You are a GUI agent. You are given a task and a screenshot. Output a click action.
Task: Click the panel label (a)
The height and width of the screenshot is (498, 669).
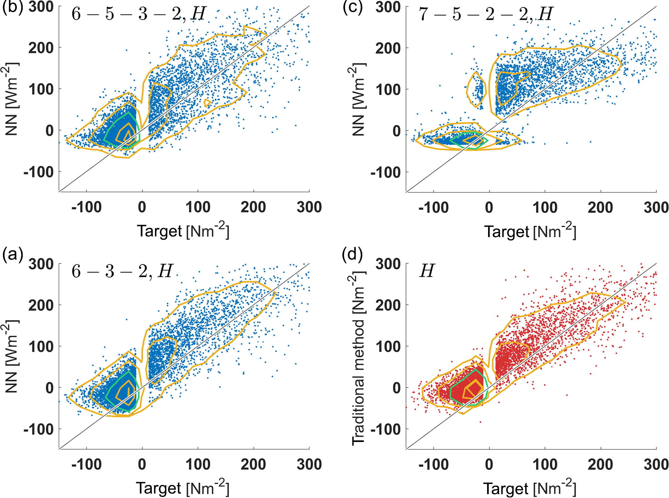[x=12, y=255]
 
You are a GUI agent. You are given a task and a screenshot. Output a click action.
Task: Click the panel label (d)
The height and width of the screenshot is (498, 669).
[x=353, y=255]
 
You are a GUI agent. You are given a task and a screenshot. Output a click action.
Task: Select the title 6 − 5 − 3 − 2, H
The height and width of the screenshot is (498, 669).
[x=139, y=14]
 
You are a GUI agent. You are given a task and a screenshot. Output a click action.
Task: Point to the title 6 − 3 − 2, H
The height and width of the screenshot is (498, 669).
[x=122, y=271]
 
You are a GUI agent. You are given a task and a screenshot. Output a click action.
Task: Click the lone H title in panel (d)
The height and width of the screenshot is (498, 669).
[x=427, y=271]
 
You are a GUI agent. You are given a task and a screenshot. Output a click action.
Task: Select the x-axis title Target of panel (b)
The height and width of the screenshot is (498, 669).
[x=183, y=231]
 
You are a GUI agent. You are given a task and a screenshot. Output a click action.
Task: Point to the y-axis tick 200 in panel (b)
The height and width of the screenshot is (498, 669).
[x=41, y=48]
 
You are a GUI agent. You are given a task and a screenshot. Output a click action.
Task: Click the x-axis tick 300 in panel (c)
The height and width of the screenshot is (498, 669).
[x=656, y=208]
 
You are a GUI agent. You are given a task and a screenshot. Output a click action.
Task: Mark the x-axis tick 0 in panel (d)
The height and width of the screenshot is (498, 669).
[x=489, y=464]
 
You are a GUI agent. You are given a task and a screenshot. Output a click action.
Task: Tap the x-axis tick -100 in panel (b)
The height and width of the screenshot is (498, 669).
[x=86, y=208]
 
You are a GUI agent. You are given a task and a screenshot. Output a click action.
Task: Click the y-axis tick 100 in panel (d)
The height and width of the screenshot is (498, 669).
[x=388, y=346]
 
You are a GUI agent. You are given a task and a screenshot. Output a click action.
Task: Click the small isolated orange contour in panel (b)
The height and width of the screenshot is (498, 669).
[x=207, y=103]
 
